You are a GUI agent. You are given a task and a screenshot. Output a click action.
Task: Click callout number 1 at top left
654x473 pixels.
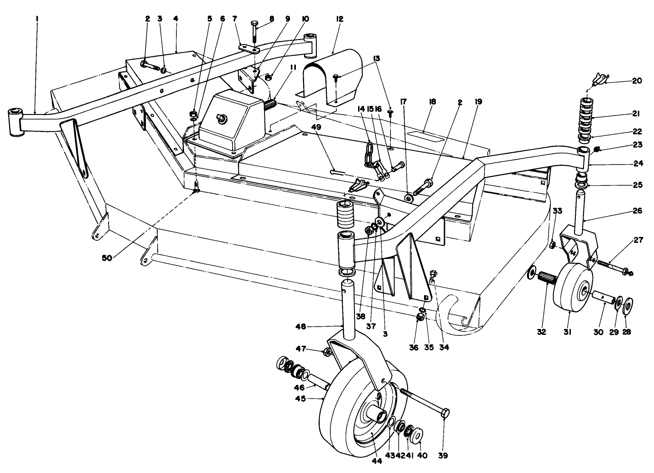pyautogui.click(x=37, y=19)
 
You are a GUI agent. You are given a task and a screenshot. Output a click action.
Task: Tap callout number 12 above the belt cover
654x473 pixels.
pyautogui.click(x=339, y=19)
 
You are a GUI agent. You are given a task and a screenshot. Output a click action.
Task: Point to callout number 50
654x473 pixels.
pyautogui.click(x=107, y=258)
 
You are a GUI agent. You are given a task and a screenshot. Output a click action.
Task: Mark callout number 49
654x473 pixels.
pyautogui.click(x=317, y=128)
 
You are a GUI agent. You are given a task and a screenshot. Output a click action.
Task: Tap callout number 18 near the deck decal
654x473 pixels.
pyautogui.click(x=432, y=102)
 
